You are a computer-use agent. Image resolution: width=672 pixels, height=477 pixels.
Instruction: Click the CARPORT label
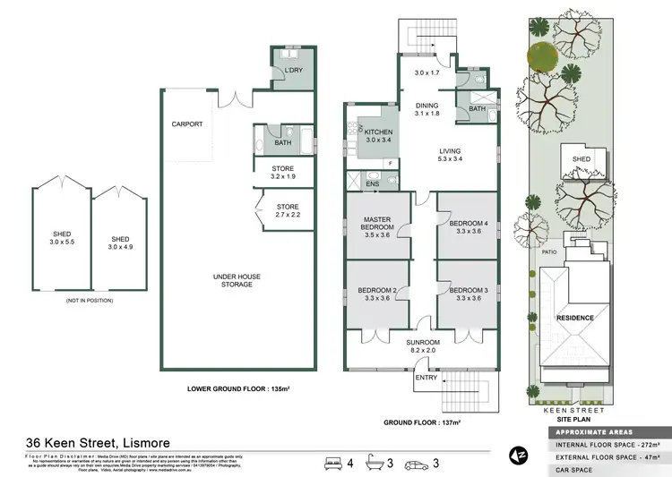tap(187, 124)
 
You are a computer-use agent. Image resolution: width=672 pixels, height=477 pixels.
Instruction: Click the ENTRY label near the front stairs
tap(426, 377)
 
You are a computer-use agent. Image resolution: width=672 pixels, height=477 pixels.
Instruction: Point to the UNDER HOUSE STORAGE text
tap(237, 281)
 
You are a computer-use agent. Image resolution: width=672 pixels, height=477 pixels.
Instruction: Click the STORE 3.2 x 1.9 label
tap(283, 172)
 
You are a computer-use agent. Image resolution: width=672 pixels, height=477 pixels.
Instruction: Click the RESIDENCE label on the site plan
tap(575, 318)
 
